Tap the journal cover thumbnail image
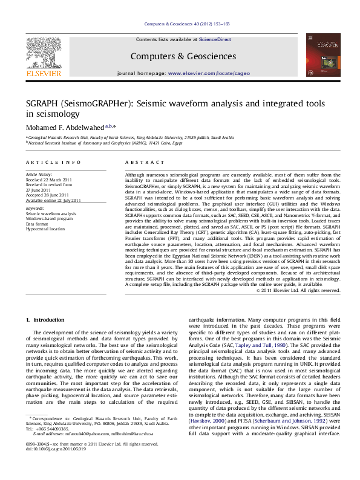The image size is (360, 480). point(318,57)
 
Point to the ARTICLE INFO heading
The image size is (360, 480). point(53,163)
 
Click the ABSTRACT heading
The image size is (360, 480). point(140,163)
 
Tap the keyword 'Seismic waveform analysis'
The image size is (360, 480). point(51,214)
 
